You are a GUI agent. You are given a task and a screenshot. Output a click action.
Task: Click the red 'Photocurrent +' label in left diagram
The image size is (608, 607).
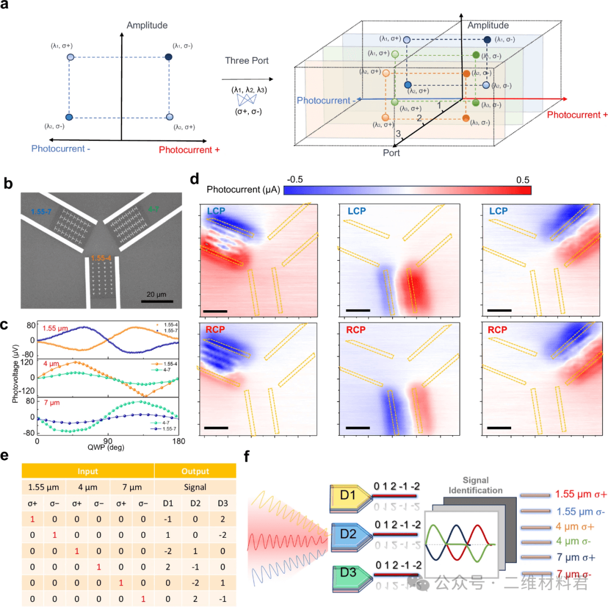coord(189,150)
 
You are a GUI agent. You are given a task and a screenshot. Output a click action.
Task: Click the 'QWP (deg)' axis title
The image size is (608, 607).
coord(108,448)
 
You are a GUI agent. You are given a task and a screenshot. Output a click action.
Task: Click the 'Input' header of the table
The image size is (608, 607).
coord(87,471)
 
